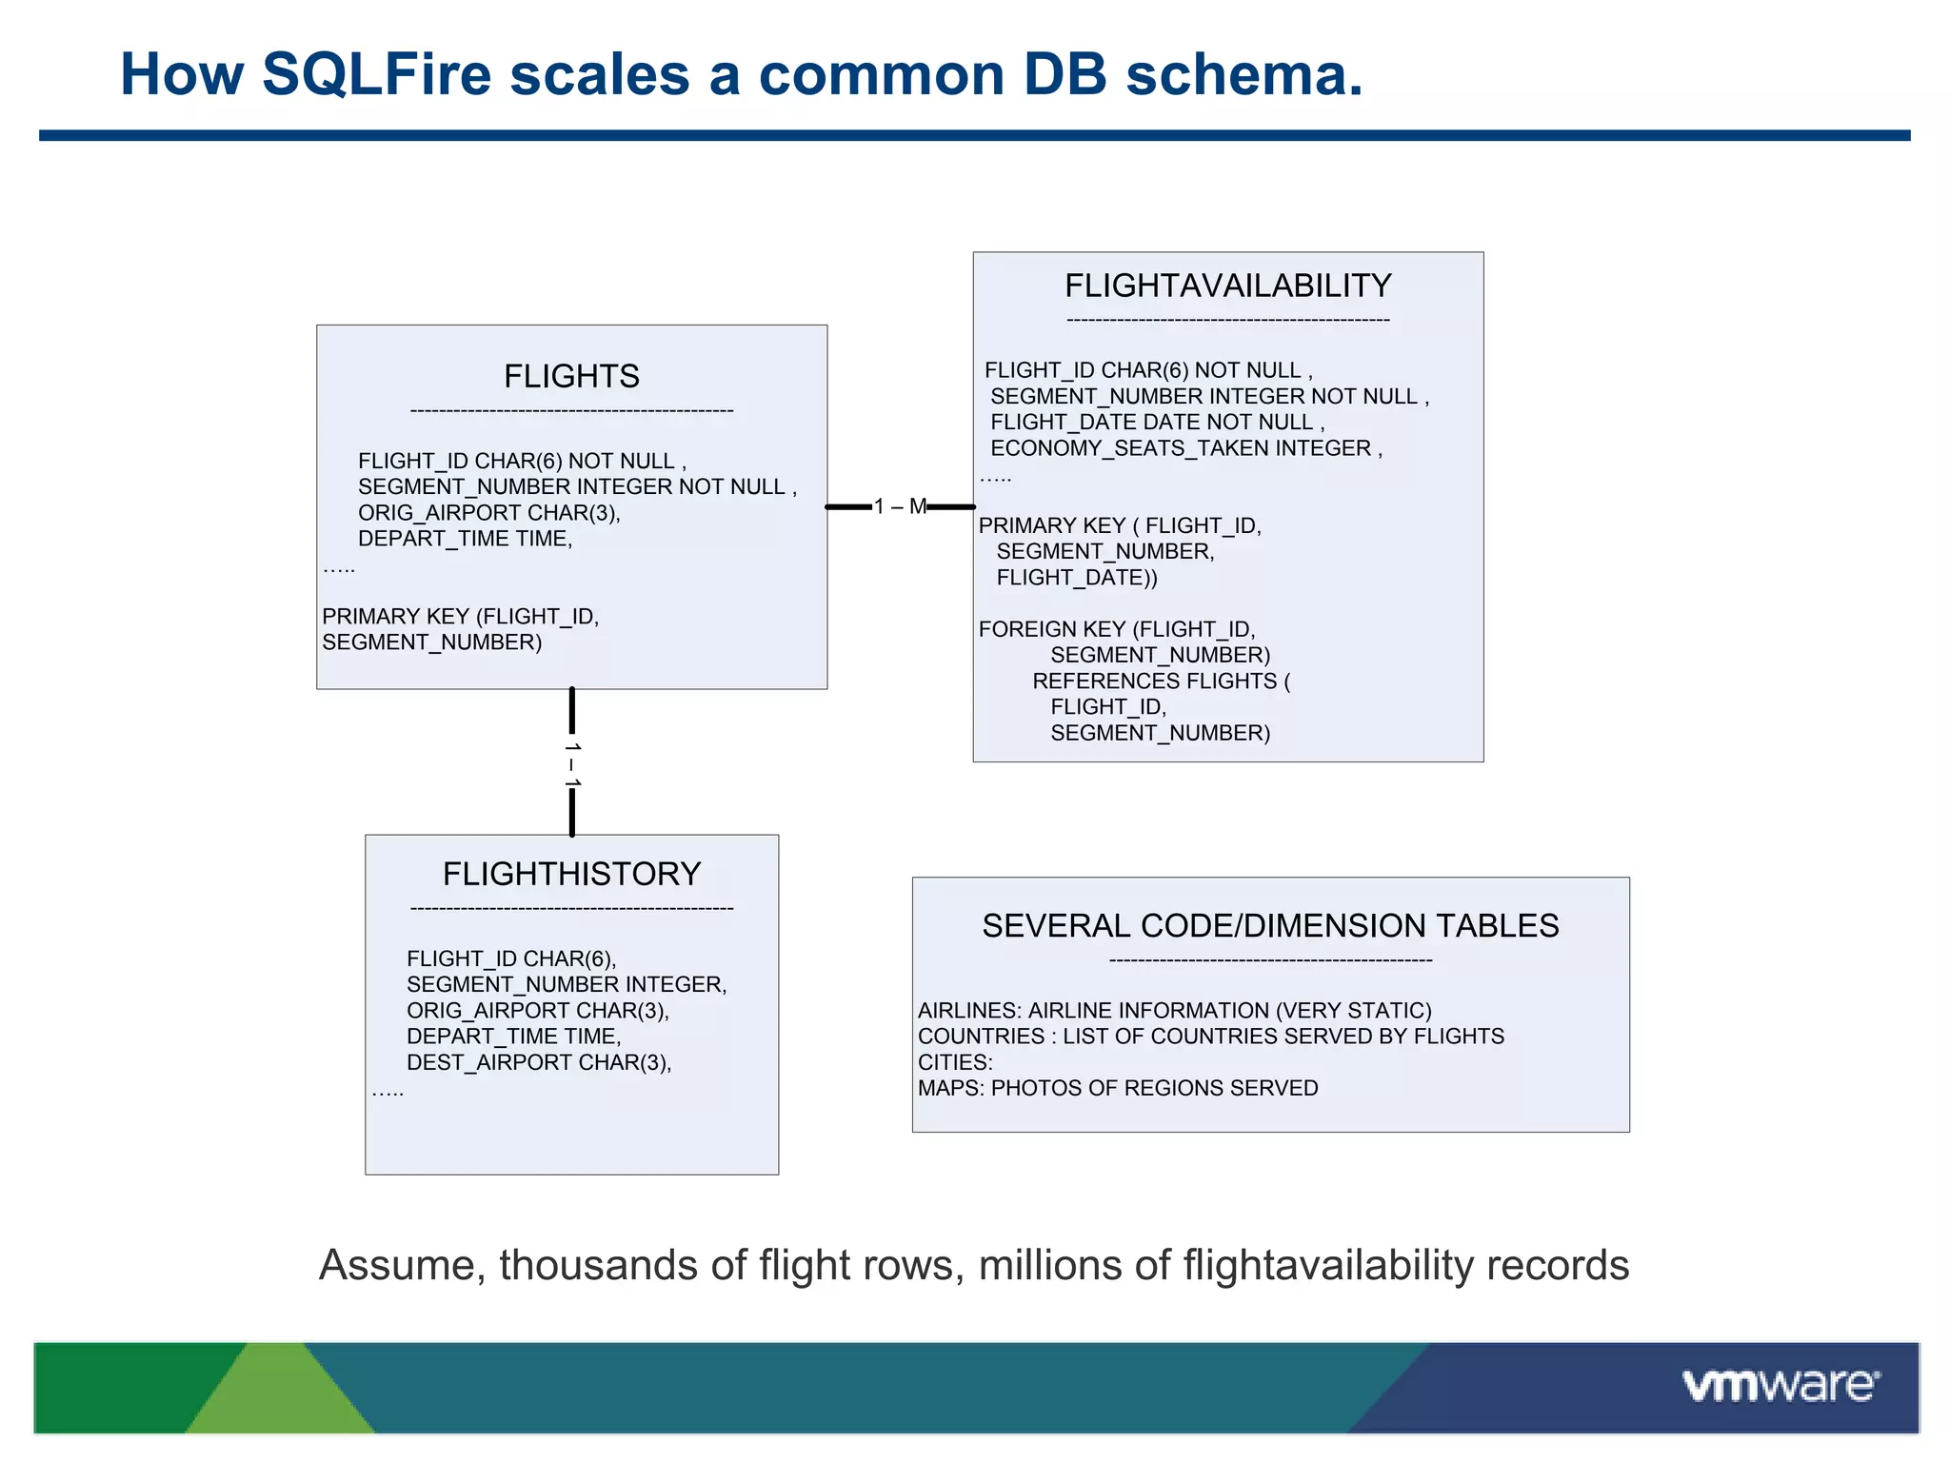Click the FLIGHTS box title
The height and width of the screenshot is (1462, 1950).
571,377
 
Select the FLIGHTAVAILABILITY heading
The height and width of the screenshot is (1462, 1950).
1227,286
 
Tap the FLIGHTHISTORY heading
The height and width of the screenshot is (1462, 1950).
571,874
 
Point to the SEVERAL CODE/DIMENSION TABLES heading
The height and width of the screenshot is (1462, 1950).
1270,925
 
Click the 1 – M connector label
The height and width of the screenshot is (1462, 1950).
900,506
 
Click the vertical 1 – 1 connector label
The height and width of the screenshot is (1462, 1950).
572,764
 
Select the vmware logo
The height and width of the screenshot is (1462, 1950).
1780,1385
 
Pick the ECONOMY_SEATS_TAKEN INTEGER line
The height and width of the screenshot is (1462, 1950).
1185,448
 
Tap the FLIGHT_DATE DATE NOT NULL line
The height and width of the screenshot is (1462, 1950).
1156,423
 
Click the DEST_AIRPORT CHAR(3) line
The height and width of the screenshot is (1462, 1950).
539,1062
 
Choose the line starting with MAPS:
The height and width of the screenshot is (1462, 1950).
1118,1088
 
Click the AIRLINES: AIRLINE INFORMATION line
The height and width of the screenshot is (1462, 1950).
1174,1011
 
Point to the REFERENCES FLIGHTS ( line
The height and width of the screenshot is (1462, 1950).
1161,682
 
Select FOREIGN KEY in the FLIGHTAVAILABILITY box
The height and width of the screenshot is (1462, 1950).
1051,629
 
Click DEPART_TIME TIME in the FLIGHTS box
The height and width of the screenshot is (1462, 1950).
465,539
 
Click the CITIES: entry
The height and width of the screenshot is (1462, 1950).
955,1062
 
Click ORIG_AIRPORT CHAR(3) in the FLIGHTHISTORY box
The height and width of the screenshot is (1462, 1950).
537,1011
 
